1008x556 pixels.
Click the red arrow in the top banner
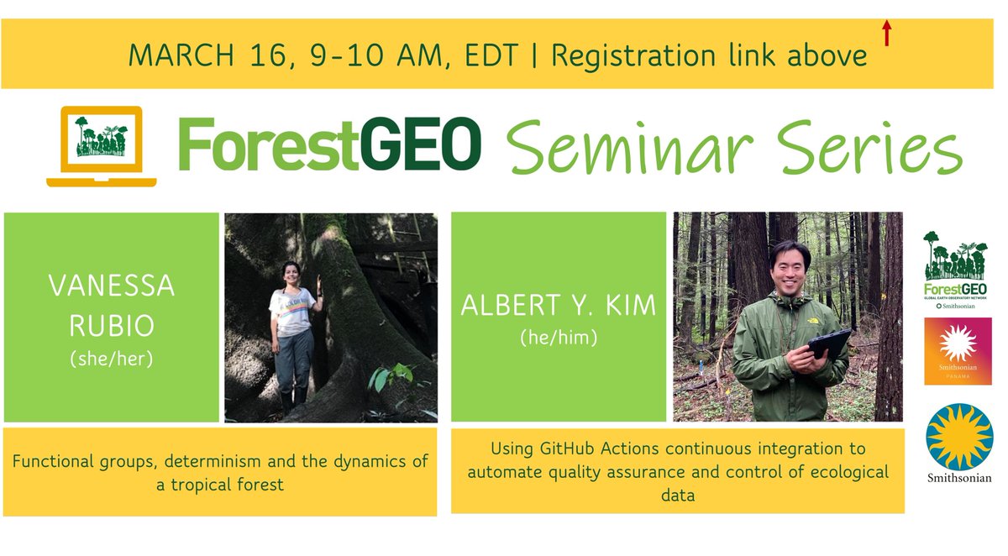click(885, 34)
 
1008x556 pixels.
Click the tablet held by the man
click(827, 344)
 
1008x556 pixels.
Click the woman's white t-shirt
click(292, 312)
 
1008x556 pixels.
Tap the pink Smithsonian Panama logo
click(958, 351)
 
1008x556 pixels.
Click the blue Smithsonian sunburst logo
click(958, 436)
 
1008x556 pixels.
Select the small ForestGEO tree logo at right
click(957, 261)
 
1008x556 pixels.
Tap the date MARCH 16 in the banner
click(192, 55)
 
